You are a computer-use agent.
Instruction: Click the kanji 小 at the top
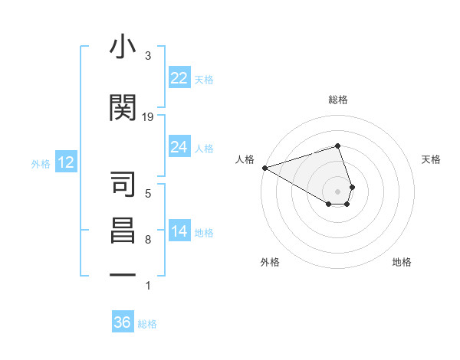tap(123, 47)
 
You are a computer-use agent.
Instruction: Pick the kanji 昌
tap(123, 231)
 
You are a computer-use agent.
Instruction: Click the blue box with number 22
tap(179, 78)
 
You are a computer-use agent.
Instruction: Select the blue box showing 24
tap(179, 147)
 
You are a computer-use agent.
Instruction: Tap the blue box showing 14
tap(179, 232)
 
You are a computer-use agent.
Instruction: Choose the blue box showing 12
tap(65, 162)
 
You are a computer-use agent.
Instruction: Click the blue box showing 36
tap(122, 322)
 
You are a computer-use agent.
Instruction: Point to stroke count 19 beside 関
tap(148, 117)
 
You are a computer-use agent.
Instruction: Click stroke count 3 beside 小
tap(148, 56)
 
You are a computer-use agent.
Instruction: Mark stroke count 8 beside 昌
tap(148, 240)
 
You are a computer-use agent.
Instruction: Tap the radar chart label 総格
tap(338, 100)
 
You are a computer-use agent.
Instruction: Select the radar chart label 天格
tap(431, 159)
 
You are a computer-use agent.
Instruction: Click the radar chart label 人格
tap(245, 159)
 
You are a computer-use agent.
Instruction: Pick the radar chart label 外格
tap(270, 262)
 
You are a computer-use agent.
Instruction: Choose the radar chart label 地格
tap(402, 262)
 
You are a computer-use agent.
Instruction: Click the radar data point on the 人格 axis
tap(264, 168)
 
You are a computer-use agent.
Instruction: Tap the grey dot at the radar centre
tap(338, 191)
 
